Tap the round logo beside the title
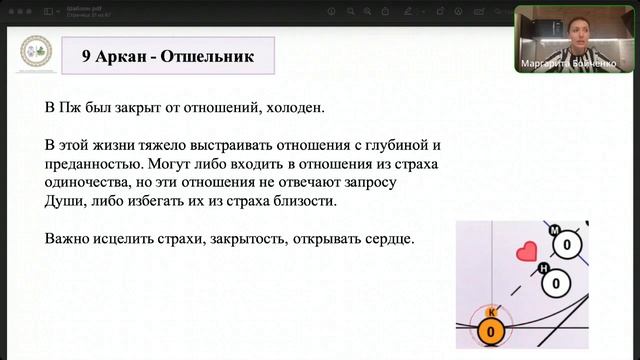point(36,57)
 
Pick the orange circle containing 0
point(492,333)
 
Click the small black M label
point(554,232)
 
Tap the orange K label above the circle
point(491,312)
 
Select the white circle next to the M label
point(567,244)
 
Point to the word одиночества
point(94,183)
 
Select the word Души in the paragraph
point(64,202)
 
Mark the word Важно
point(69,240)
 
